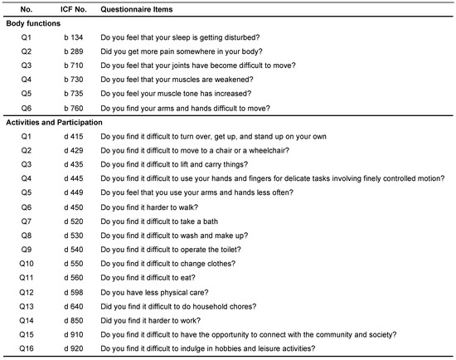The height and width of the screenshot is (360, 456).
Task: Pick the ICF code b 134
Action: (x=75, y=38)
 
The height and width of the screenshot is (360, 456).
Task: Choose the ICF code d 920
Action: (x=75, y=348)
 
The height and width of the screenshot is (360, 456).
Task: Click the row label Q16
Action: (x=26, y=348)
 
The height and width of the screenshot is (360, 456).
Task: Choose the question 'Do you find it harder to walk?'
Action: (x=153, y=207)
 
